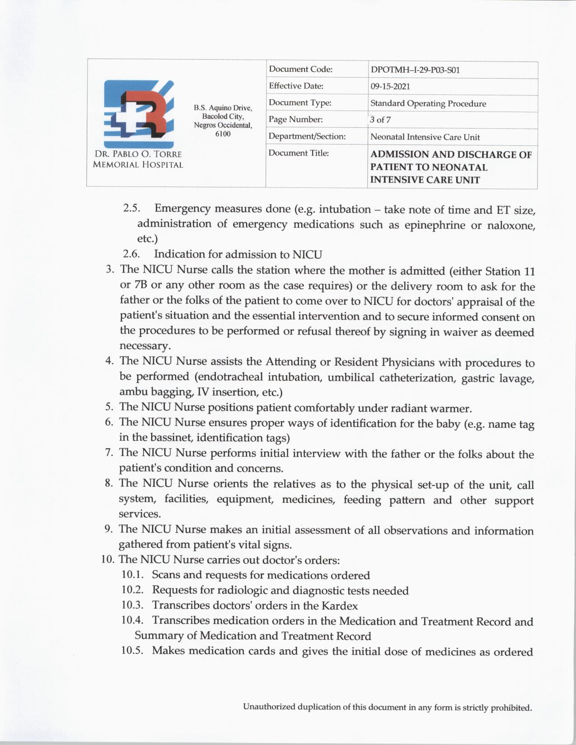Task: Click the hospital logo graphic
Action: point(139,113)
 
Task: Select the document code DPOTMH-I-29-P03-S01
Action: point(415,70)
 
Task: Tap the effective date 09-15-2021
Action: point(390,87)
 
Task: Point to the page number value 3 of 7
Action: point(380,120)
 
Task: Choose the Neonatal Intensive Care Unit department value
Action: point(425,137)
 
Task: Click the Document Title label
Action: point(299,153)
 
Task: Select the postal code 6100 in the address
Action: point(223,134)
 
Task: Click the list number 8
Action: point(108,484)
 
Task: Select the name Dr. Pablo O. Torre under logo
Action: point(137,154)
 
